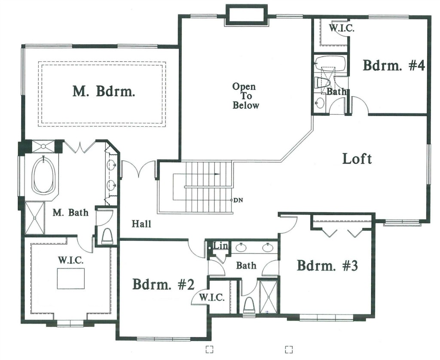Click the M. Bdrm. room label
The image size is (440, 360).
[x=104, y=91]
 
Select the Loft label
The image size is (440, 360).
[x=357, y=159]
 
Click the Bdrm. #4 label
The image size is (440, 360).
[x=394, y=65]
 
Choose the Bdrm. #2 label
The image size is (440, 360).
[x=163, y=284]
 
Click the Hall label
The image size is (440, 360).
[x=141, y=224]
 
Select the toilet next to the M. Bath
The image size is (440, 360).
[x=107, y=235]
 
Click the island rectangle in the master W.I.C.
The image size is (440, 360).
[x=71, y=278]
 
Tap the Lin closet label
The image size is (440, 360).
[x=220, y=246]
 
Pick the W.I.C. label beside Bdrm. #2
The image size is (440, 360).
[x=211, y=297]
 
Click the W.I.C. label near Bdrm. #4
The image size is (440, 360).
[x=342, y=28]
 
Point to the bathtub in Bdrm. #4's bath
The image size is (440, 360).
[x=330, y=63]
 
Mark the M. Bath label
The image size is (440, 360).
[x=70, y=212]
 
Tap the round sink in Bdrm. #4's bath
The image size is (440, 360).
[x=320, y=102]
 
